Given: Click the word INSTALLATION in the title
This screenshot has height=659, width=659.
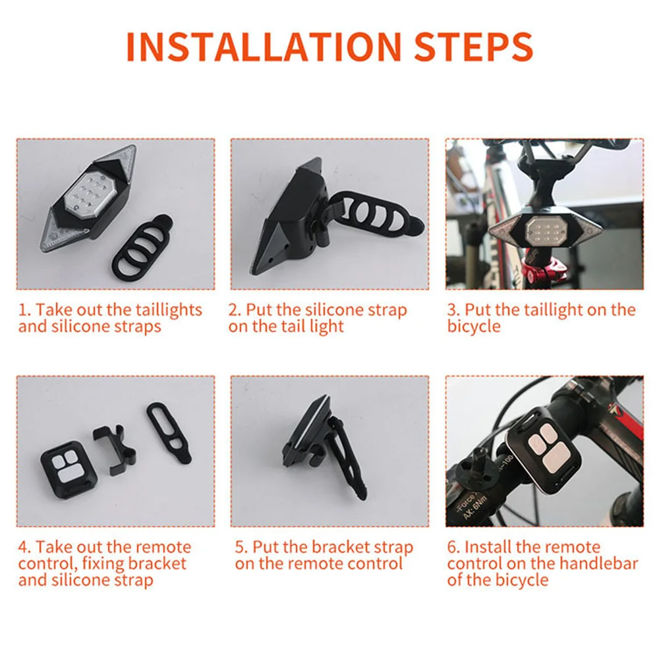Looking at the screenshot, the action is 264,46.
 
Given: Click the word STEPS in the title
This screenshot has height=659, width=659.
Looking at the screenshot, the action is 474,46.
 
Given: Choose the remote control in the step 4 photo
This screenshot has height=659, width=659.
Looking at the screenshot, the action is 69,469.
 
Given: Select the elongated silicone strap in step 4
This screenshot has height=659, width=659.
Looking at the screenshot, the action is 169,433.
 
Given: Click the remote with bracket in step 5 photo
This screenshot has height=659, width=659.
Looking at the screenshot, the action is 326,445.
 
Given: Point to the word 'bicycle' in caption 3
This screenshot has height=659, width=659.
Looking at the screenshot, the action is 474,327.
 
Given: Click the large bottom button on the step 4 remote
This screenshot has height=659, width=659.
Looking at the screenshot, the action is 69,476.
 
